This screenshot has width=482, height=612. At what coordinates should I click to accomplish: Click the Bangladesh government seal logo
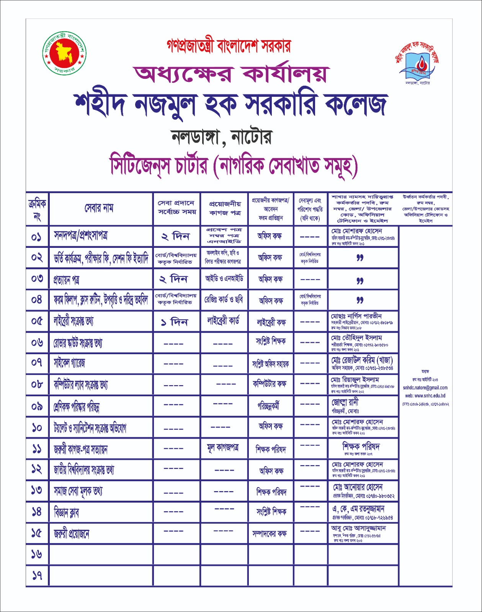(x=64, y=53)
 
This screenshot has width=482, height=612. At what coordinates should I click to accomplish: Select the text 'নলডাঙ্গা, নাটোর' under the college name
(x=221, y=137)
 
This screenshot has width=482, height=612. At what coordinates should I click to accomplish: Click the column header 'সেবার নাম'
(x=99, y=208)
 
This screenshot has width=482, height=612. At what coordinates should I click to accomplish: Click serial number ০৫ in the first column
(x=37, y=321)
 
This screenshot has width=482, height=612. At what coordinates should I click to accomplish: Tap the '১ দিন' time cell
(x=175, y=322)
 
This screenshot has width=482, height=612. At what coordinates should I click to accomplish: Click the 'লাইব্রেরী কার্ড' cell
(x=223, y=321)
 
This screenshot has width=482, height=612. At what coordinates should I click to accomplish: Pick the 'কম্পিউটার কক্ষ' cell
(x=270, y=384)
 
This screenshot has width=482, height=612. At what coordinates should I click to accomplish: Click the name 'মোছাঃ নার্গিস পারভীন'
(x=356, y=316)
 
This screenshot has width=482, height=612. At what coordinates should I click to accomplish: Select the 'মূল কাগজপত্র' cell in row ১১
(x=223, y=448)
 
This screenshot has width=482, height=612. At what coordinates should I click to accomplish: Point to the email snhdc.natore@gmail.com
(x=425, y=388)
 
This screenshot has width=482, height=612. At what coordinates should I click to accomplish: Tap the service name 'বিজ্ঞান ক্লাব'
(x=67, y=513)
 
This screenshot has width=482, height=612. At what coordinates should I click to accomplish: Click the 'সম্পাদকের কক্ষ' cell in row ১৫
(x=270, y=534)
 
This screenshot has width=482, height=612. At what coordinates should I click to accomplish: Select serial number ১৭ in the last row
(x=37, y=575)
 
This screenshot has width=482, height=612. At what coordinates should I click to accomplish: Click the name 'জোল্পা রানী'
(x=345, y=402)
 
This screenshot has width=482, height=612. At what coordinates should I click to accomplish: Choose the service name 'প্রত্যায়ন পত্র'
(x=67, y=280)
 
